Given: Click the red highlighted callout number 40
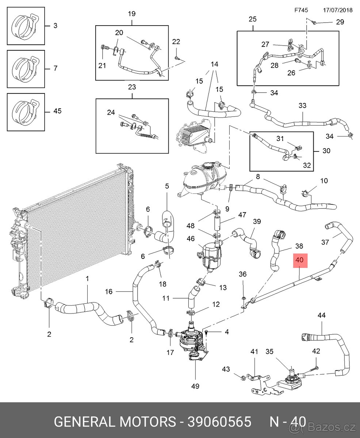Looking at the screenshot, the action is [x=300, y=260].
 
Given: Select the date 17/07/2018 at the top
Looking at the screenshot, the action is [x=338, y=10].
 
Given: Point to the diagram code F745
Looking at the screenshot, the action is [x=301, y=10].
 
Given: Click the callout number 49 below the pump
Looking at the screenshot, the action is [x=195, y=386].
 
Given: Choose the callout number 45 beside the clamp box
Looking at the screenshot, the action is [x=58, y=111].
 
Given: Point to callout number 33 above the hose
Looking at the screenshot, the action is [x=302, y=105].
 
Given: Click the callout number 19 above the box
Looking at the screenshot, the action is [x=132, y=14].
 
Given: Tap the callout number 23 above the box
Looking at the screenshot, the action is [x=132, y=87].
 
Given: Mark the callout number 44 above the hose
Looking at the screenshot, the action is [x=322, y=315].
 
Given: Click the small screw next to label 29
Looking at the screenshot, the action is [x=315, y=22].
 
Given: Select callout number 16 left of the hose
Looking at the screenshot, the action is [x=109, y=292].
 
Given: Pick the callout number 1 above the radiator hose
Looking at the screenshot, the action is [x=87, y=279].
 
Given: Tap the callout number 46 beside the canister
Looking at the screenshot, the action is [x=191, y=239].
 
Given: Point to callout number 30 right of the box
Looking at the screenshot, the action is [x=326, y=151].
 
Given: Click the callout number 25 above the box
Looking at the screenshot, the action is [x=253, y=19].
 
